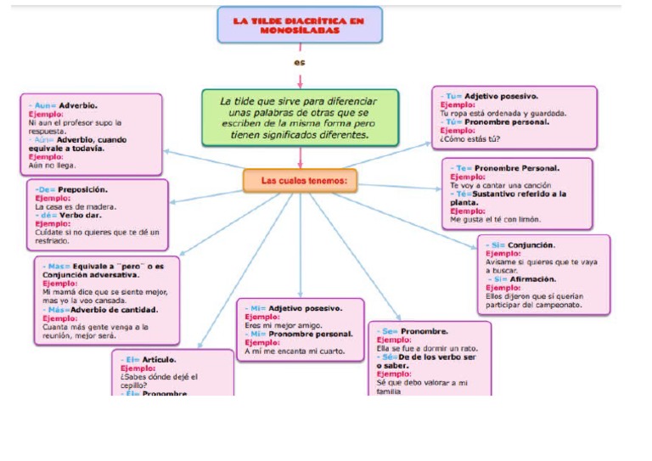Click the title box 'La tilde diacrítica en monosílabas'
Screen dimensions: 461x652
tap(299, 25)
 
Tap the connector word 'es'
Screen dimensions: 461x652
tap(299, 62)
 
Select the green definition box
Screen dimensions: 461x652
tap(300, 118)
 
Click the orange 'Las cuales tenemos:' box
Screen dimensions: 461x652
tap(300, 181)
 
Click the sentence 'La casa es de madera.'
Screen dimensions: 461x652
tap(76, 206)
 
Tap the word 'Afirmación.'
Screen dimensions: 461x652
tap(532, 278)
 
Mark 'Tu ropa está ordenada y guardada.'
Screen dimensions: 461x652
tap(503, 113)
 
